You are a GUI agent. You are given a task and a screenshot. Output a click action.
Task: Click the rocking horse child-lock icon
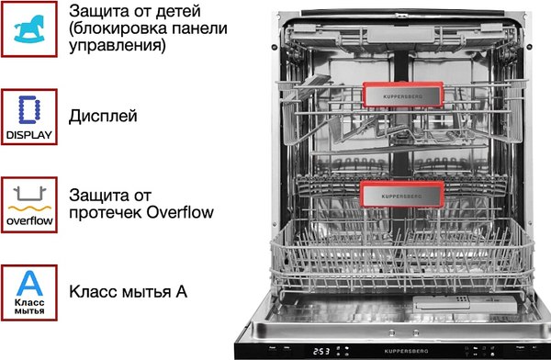pyautogui.click(x=29, y=30)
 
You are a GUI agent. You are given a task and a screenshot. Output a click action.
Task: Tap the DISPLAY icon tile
pyautogui.click(x=29, y=118)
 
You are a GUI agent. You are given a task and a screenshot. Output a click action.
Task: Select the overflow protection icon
pyautogui.click(x=29, y=205)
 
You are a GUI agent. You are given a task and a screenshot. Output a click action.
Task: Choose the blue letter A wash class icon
pyautogui.click(x=29, y=292)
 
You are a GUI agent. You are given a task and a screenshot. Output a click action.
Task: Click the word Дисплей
pyautogui.click(x=103, y=118)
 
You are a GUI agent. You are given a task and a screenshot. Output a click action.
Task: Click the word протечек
pyautogui.click(x=103, y=213)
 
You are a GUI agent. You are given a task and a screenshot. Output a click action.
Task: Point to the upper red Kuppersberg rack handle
pyautogui.click(x=403, y=94)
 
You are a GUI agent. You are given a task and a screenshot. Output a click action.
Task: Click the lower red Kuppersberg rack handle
pyautogui.click(x=403, y=194)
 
